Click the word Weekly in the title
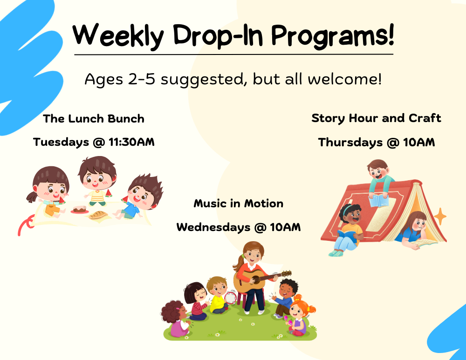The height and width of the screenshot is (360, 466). [x=118, y=36]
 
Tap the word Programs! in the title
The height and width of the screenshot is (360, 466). [x=333, y=36]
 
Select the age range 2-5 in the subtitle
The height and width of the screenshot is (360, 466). [x=142, y=79]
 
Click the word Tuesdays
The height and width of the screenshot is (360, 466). [x=61, y=142]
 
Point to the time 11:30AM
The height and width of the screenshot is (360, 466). [x=132, y=142]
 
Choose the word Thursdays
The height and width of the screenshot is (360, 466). [x=350, y=143]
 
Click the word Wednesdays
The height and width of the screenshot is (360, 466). [x=213, y=227]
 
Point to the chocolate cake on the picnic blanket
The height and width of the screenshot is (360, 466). [x=80, y=210]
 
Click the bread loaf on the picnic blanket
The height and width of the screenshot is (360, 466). [x=98, y=215]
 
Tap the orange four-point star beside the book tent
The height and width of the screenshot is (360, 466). [x=440, y=217]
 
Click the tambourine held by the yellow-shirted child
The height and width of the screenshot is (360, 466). [x=230, y=297]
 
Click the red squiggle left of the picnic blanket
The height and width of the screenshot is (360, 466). [x=25, y=224]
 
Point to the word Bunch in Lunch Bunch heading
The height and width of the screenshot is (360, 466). [x=126, y=119]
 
